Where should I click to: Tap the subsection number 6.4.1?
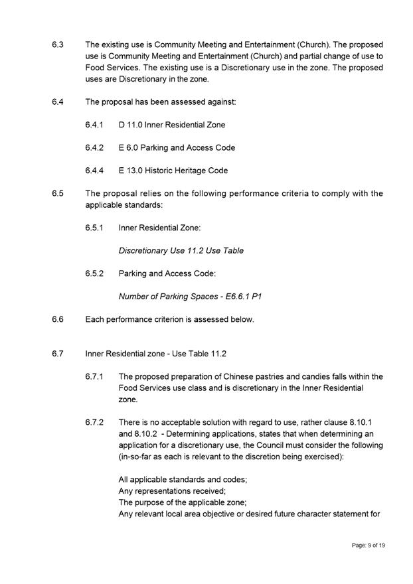click(94, 125)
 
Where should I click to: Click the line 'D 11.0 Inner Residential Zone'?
click(172, 125)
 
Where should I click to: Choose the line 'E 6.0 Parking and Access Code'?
click(177, 147)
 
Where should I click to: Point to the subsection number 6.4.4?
click(94, 171)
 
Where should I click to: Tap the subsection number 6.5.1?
click(94, 228)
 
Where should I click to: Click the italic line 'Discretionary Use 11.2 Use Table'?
click(181, 251)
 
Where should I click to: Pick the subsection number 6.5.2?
click(94, 273)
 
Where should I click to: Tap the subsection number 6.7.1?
click(94, 376)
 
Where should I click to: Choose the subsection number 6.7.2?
click(94, 422)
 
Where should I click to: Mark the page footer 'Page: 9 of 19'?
click(369, 545)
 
